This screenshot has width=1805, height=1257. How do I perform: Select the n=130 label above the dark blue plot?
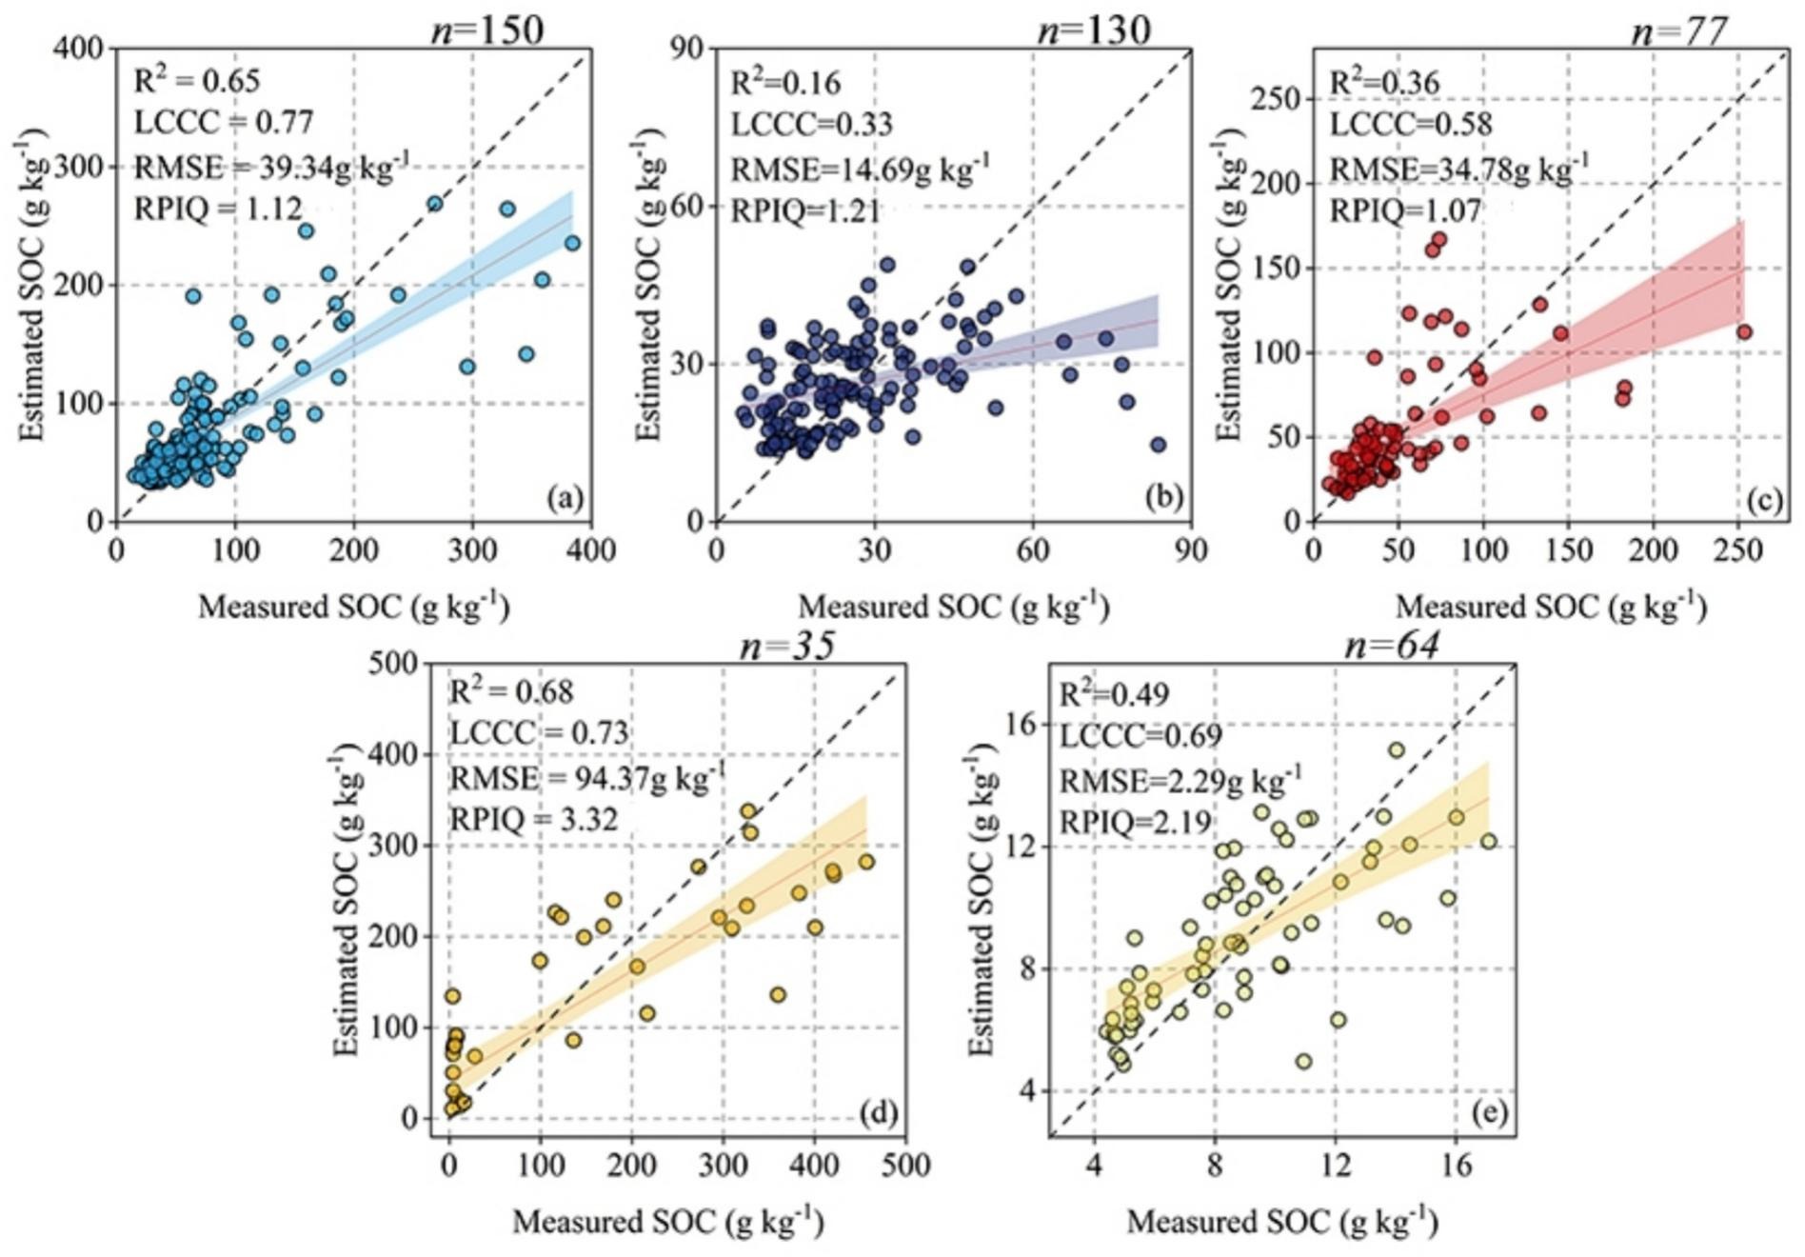1093,30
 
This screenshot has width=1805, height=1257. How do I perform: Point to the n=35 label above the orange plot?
787,646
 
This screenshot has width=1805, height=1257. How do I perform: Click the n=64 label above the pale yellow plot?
1392,646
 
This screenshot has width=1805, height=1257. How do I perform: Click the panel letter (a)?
564,498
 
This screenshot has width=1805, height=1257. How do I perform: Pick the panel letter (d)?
878,1112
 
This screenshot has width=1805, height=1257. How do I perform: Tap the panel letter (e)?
1487,1112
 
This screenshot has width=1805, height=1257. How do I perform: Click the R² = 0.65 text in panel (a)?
196,81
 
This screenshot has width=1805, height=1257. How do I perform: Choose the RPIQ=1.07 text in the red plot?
1405,209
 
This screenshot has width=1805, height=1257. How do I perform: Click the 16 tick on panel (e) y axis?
1018,726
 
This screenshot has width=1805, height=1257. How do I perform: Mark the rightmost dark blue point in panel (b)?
1158,445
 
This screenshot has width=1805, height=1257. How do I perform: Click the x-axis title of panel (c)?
1550,607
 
